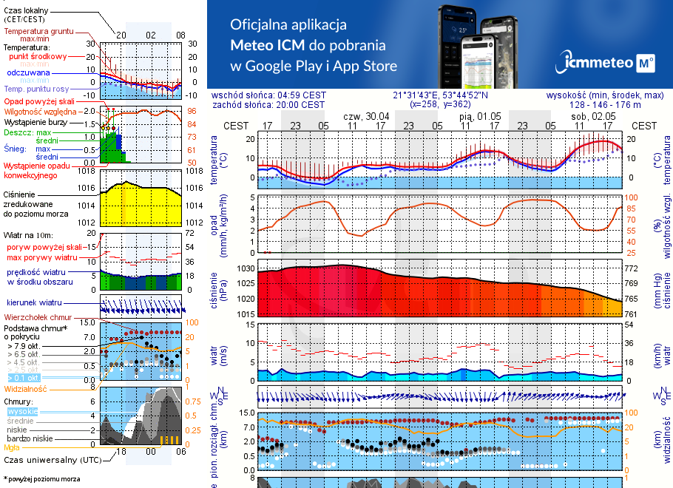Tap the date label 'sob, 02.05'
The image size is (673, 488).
pyautogui.click(x=593, y=117)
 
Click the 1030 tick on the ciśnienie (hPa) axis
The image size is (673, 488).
pyautogui.click(x=246, y=268)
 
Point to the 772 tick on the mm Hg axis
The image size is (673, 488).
pyautogui.click(x=633, y=268)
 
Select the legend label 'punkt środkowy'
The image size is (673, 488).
pyautogui.click(x=38, y=56)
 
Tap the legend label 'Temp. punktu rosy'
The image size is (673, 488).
pyautogui.click(x=37, y=89)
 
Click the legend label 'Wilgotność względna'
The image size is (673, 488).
pyautogui.click(x=35, y=111)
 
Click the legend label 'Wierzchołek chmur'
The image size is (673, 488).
pyautogui.click(x=36, y=316)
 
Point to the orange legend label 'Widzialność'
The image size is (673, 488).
pyautogui.click(x=25, y=388)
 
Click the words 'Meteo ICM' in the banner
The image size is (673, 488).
pyautogui.click(x=266, y=44)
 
